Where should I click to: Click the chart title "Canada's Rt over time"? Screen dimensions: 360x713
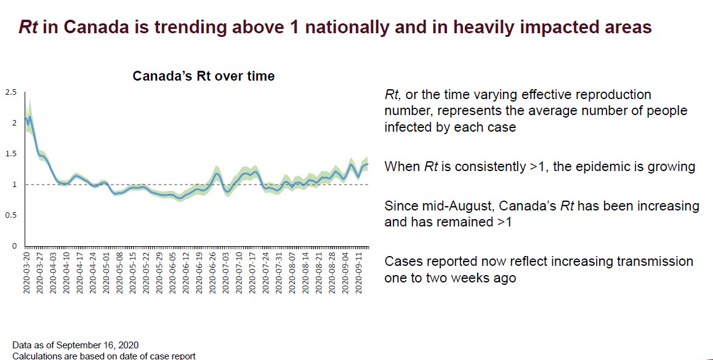[204, 76]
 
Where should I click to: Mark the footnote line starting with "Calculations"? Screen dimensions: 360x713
[103, 355]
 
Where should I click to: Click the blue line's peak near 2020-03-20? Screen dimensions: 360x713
[30, 116]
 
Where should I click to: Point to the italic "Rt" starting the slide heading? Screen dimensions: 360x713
[30, 27]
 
